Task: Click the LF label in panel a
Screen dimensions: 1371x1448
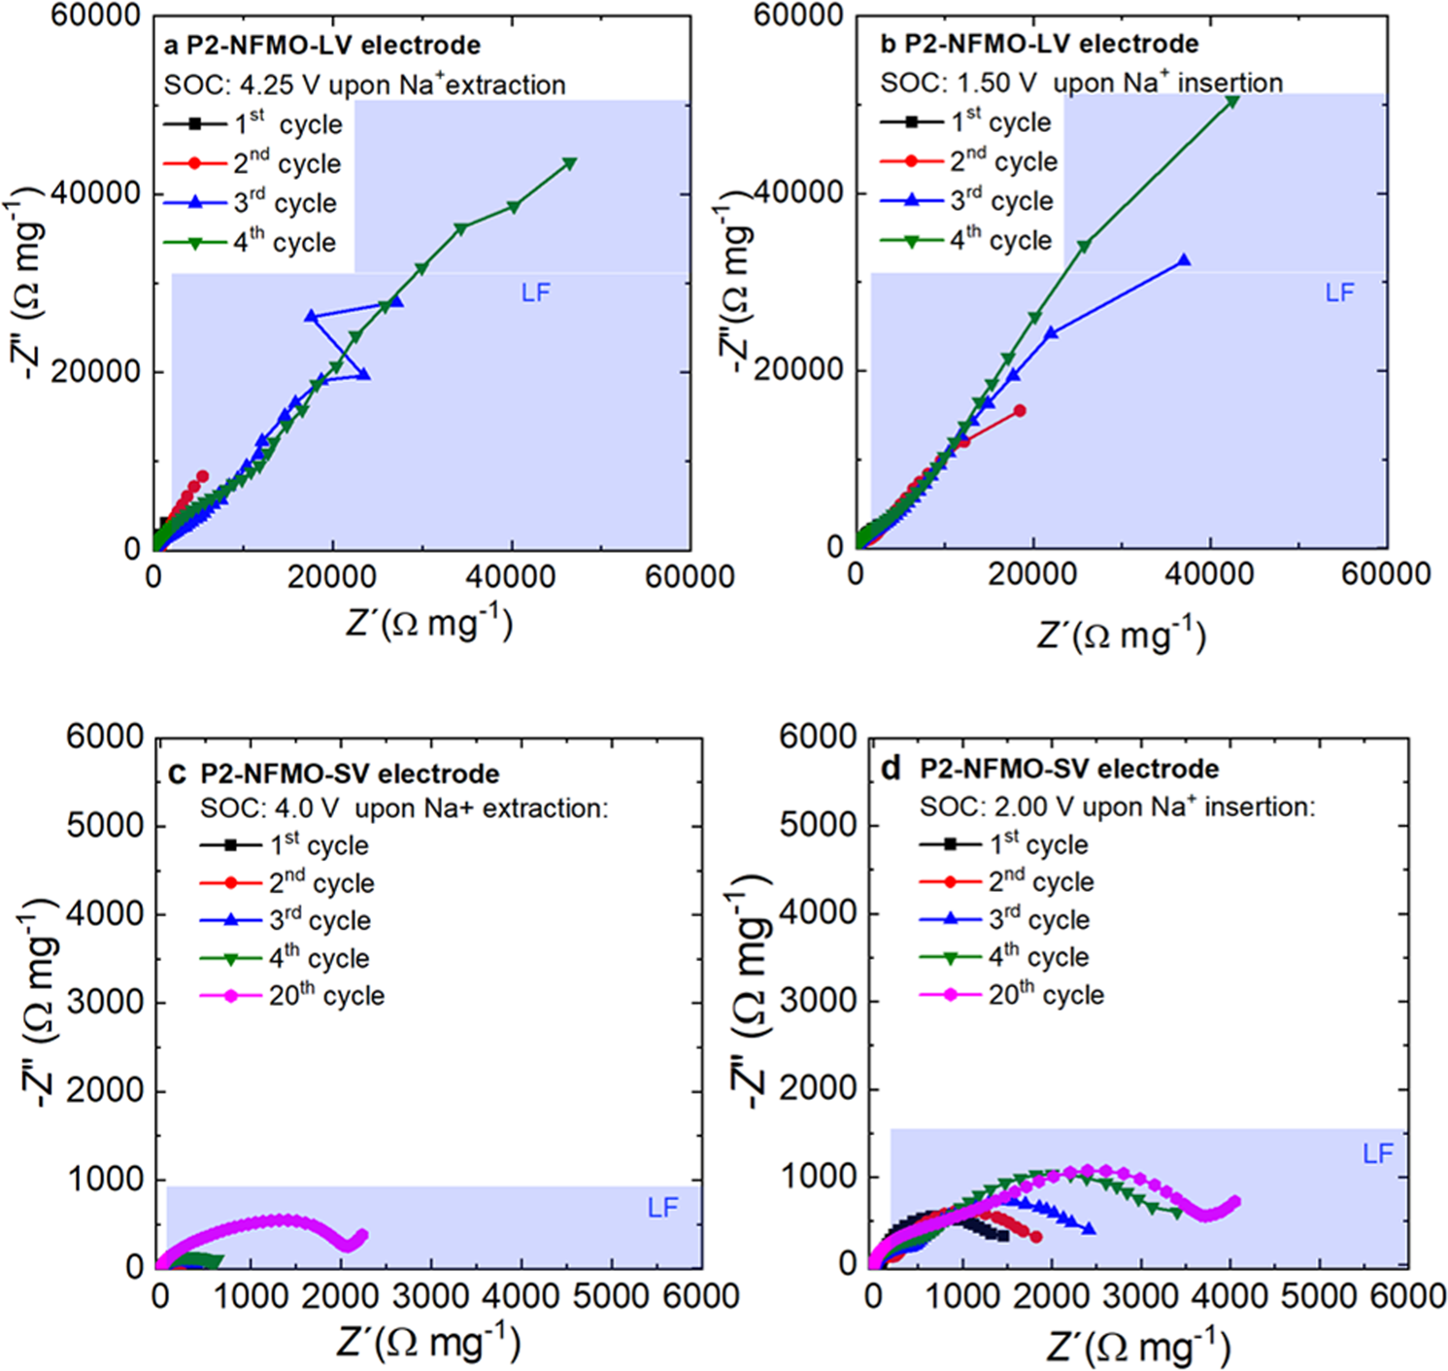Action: [x=535, y=292]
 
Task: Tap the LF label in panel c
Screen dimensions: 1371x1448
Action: [x=662, y=1208]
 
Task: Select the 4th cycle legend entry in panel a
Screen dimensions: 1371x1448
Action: [x=252, y=242]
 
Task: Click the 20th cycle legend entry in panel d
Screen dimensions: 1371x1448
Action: [x=1011, y=995]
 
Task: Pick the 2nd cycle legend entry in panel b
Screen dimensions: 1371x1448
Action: [x=968, y=161]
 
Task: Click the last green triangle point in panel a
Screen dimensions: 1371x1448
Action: [x=570, y=163]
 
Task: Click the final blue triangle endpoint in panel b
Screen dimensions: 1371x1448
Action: [x=1184, y=260]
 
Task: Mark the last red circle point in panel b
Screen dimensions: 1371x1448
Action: [x=1020, y=411]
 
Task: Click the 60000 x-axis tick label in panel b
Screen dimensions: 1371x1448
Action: [x=1385, y=573]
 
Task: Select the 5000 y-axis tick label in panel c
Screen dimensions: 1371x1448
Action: [x=105, y=825]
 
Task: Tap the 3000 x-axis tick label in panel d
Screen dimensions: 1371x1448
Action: [x=1142, y=1295]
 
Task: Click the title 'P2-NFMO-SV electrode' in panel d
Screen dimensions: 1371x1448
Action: [x=1068, y=769]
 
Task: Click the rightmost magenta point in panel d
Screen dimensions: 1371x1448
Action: [x=1235, y=1202]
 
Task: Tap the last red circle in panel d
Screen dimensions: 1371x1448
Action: [x=1036, y=1237]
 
